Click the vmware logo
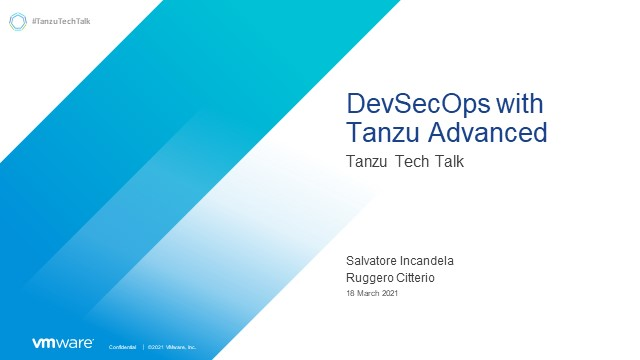[63, 343]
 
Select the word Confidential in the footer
[122, 346]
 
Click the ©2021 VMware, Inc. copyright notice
[171, 346]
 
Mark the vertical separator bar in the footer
[143, 346]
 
